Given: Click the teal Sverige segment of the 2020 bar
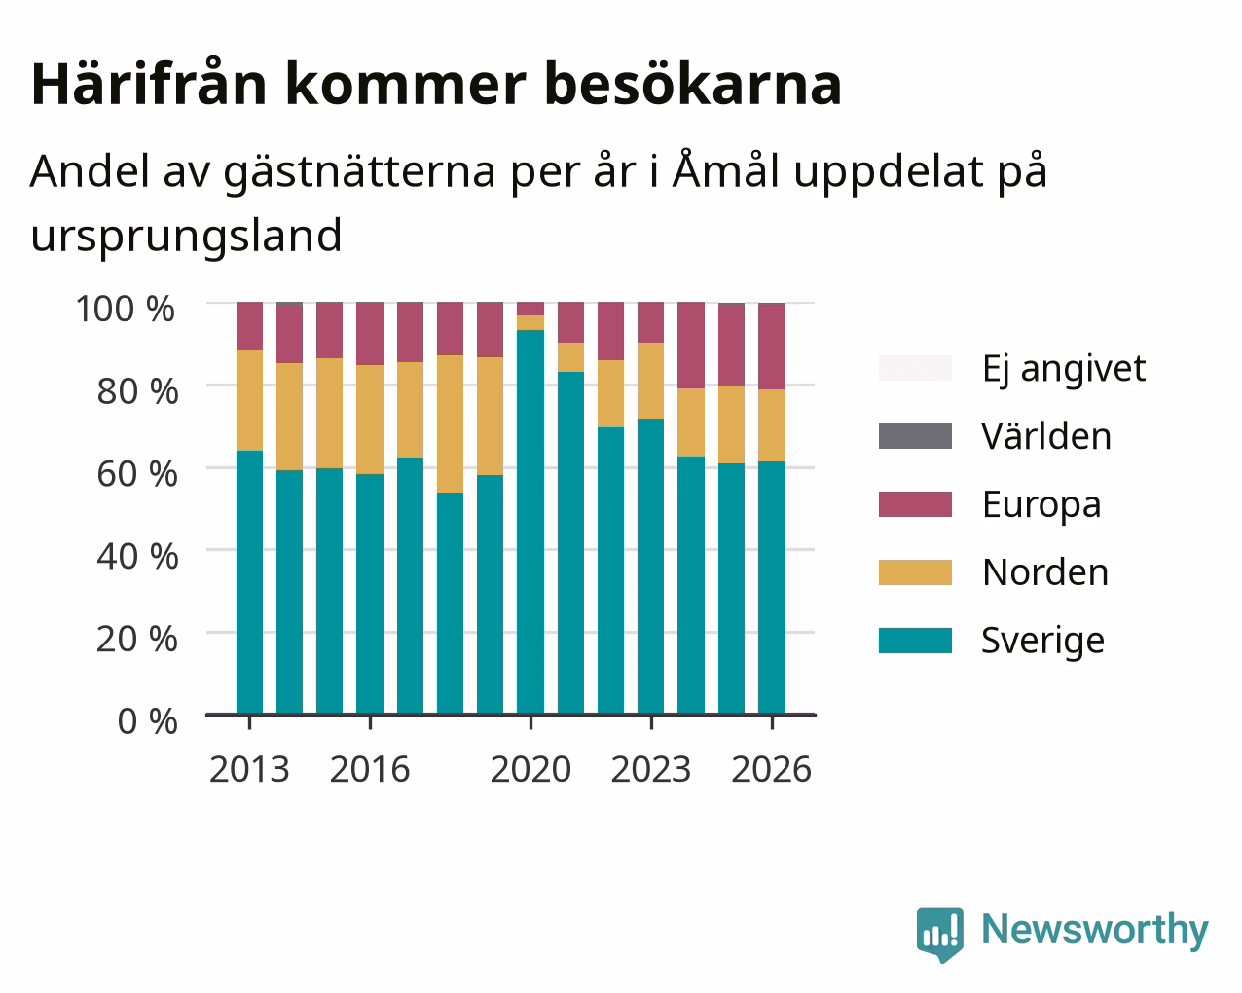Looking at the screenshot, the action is [530, 522].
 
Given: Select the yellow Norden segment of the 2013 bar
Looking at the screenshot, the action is [249, 400].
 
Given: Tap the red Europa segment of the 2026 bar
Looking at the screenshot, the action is [771, 347].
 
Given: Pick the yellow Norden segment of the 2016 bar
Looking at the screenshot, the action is [370, 420].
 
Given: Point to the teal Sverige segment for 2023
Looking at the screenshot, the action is [650, 567].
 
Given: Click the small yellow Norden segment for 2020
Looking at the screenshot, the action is [530, 323].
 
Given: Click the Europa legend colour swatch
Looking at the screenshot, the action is [915, 504].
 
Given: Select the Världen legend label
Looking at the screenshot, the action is [1045, 436].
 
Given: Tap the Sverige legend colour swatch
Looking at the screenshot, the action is [915, 641].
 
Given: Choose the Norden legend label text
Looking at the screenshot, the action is [1045, 572].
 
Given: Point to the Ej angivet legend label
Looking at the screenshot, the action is [1064, 370].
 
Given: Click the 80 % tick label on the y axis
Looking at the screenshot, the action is [137, 391].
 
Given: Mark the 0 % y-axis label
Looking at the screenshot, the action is [148, 721].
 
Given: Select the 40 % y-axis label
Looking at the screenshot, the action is [137, 557].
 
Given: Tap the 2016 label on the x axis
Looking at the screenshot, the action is [370, 769].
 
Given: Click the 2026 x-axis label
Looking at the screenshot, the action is [772, 769].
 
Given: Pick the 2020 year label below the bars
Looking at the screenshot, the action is [531, 769].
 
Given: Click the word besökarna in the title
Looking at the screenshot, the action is [693, 85].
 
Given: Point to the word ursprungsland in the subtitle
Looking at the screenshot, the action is [186, 237].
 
